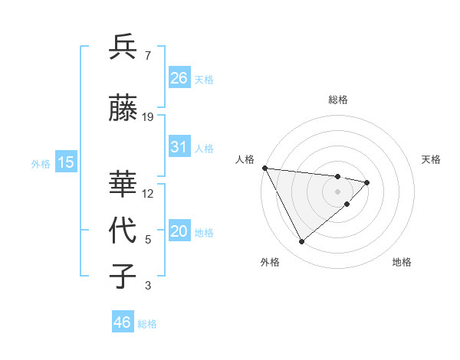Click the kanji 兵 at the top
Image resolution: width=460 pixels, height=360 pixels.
coord(123,47)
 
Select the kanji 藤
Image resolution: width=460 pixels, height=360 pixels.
coord(123,108)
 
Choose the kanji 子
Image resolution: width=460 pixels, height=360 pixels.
coord(123,277)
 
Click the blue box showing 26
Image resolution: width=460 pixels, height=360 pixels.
coord(179,78)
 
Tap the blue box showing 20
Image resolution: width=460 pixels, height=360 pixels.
coord(179,232)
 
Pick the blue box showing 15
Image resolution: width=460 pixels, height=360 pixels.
coord(65,162)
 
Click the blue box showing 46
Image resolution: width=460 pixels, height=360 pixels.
coord(122,322)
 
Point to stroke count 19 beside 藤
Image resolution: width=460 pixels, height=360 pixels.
coord(148,117)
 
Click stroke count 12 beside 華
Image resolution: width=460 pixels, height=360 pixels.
coord(148,193)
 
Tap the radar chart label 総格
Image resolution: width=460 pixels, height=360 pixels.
coord(337,100)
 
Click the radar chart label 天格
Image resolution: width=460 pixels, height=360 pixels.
coord(432,159)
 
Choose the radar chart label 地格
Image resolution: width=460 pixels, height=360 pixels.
coord(402,262)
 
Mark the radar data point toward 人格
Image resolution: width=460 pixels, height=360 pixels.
coord(264,168)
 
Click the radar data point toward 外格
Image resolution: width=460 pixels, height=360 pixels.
coord(301,242)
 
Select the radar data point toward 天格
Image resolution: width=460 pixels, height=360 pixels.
coord(367,182)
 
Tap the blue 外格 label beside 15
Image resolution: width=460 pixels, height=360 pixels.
coord(40,163)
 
